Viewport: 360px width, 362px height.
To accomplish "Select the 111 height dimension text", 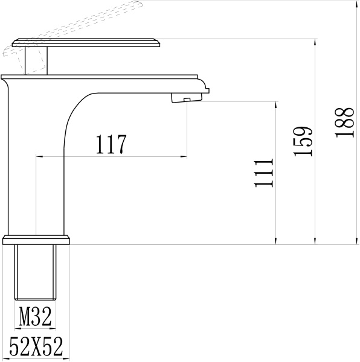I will coord(264,174).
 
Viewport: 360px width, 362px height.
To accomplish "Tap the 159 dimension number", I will coord(303,142).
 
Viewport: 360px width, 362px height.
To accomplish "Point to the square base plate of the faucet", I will coord(36,240).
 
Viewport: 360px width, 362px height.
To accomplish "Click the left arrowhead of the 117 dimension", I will coord(39,157).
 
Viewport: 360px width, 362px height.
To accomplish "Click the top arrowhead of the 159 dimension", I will coord(315,42).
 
